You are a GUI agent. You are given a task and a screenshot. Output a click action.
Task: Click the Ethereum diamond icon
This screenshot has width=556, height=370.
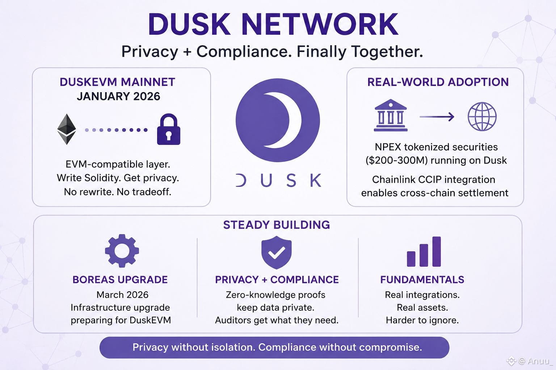67,129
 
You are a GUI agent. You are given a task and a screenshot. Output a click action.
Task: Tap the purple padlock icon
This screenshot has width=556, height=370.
169,129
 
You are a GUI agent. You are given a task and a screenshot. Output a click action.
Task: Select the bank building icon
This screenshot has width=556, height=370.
391,115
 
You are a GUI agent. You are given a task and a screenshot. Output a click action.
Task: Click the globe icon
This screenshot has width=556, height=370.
482,116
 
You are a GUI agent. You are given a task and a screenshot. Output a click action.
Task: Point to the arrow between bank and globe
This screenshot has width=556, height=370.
437,117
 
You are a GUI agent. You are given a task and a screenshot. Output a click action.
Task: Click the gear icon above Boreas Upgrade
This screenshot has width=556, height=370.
122,251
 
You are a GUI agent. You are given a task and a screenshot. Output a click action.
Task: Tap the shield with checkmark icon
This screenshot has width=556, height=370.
276,252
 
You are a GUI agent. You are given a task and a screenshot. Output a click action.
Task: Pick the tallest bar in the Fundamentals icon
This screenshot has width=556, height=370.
437,251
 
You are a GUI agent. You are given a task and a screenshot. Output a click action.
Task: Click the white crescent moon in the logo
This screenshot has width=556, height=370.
284,120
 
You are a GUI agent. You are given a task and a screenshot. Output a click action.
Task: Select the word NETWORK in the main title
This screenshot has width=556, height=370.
320,24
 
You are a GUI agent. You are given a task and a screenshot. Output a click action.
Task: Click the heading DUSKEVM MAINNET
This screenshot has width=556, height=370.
117,82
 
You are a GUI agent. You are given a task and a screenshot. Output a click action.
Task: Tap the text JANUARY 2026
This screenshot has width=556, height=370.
118,96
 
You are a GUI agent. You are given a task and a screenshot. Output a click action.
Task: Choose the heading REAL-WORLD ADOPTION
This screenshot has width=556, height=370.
438,82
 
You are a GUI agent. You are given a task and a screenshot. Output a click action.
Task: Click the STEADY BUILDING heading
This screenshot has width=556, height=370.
277,225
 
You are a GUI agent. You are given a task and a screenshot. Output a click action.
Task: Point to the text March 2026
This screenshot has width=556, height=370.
122,294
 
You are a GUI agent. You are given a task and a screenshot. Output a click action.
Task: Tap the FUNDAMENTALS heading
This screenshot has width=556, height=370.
422,280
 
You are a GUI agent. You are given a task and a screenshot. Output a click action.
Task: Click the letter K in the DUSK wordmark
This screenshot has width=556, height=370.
316,180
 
